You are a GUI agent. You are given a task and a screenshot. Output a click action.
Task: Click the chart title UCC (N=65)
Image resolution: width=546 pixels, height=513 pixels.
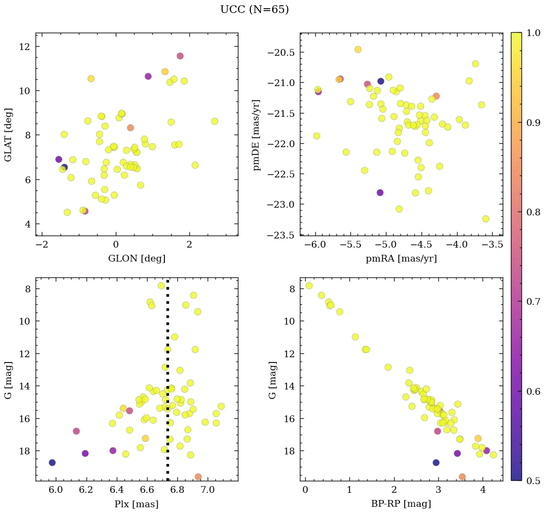(254, 10)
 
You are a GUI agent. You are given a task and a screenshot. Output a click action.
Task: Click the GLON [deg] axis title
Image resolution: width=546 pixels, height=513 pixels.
(136, 259)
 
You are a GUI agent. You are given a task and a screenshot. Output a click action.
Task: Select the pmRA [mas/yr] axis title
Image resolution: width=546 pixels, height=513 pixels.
(401, 259)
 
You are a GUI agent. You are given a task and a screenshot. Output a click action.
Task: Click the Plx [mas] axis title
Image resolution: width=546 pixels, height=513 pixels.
(136, 504)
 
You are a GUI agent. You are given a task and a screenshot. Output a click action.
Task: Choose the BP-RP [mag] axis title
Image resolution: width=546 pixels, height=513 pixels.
(401, 504)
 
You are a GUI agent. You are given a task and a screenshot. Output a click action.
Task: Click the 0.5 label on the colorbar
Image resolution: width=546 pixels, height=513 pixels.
(534, 481)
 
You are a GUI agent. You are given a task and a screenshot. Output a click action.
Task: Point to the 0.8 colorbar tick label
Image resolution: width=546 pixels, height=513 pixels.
(534, 212)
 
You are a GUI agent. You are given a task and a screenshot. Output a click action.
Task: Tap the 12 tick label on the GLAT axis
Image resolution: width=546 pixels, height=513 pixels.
(25, 47)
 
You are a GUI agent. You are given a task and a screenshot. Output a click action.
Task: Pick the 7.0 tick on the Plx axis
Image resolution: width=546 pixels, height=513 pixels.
(207, 490)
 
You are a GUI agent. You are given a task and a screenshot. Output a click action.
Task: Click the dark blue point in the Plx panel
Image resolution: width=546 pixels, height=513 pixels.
(52, 463)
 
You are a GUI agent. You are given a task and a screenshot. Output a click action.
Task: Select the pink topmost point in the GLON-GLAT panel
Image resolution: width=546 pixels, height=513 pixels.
(180, 56)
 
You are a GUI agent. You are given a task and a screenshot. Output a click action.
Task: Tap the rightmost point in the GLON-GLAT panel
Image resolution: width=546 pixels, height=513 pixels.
(214, 121)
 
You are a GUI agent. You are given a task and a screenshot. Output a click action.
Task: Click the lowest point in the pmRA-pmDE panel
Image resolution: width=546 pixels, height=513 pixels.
(485, 219)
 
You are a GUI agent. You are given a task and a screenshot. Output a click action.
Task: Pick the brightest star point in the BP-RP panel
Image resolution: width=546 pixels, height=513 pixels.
(309, 286)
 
